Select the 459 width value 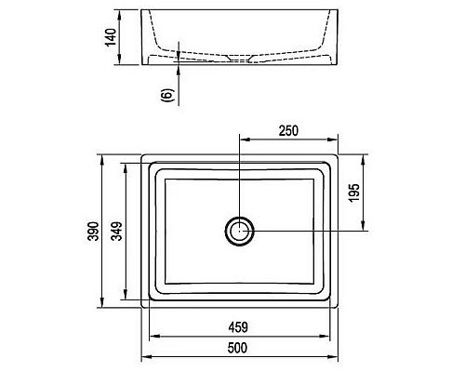pyautogui.click(x=239, y=327)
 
